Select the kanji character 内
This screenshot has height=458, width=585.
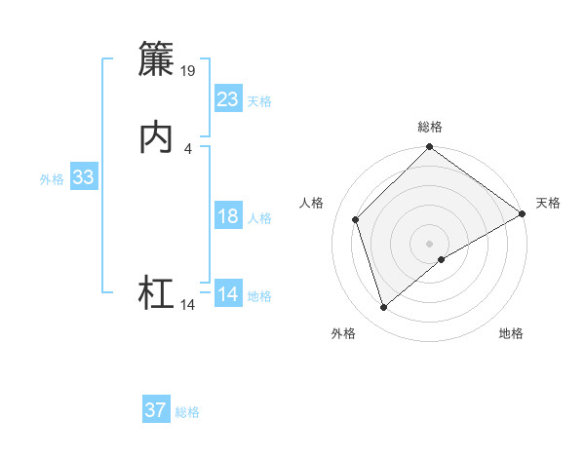pyautogui.click(x=156, y=137)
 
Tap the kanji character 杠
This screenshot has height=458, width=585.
pyautogui.click(x=156, y=293)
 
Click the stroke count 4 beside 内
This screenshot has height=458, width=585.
pyautogui.click(x=187, y=148)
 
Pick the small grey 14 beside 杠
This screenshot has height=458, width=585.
pyautogui.click(x=188, y=305)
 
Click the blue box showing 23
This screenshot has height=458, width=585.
pyautogui.click(x=228, y=99)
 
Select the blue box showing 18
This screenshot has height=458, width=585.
pyautogui.click(x=228, y=216)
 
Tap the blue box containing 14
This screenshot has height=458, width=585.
pyautogui.click(x=228, y=294)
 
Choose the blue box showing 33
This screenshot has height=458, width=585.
pyautogui.click(x=84, y=177)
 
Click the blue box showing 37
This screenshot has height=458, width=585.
pyautogui.click(x=156, y=410)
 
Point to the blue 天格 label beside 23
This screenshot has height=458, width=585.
pyautogui.click(x=259, y=101)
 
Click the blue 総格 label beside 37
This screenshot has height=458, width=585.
pyautogui.click(x=187, y=412)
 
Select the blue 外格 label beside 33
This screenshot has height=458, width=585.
pyautogui.click(x=52, y=179)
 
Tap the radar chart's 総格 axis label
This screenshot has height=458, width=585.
pyautogui.click(x=430, y=127)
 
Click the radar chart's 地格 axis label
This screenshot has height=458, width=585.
pyautogui.click(x=511, y=333)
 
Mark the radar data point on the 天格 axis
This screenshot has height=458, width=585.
pyautogui.click(x=523, y=213)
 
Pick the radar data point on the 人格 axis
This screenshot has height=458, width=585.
pyautogui.click(x=356, y=219)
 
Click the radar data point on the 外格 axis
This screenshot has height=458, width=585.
pyautogui.click(x=383, y=308)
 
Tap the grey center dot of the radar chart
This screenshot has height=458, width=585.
pyautogui.click(x=430, y=244)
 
